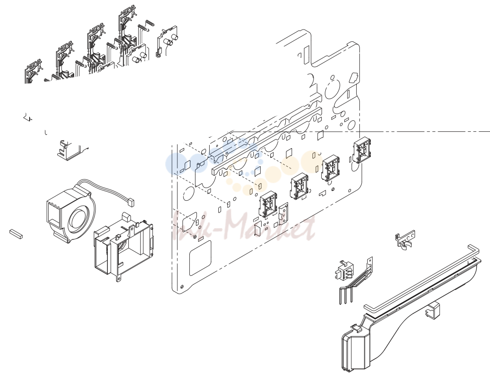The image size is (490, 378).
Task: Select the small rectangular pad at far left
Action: click(16, 234)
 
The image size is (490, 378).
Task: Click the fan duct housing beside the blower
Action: click(124, 247)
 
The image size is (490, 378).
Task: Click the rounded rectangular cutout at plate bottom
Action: click(200, 258)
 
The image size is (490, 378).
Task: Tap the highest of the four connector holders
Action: click(362, 150)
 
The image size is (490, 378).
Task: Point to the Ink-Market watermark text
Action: click(244, 227)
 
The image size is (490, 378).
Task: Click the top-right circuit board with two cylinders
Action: click(167, 41)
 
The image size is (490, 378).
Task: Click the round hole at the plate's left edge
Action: click(188, 194)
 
